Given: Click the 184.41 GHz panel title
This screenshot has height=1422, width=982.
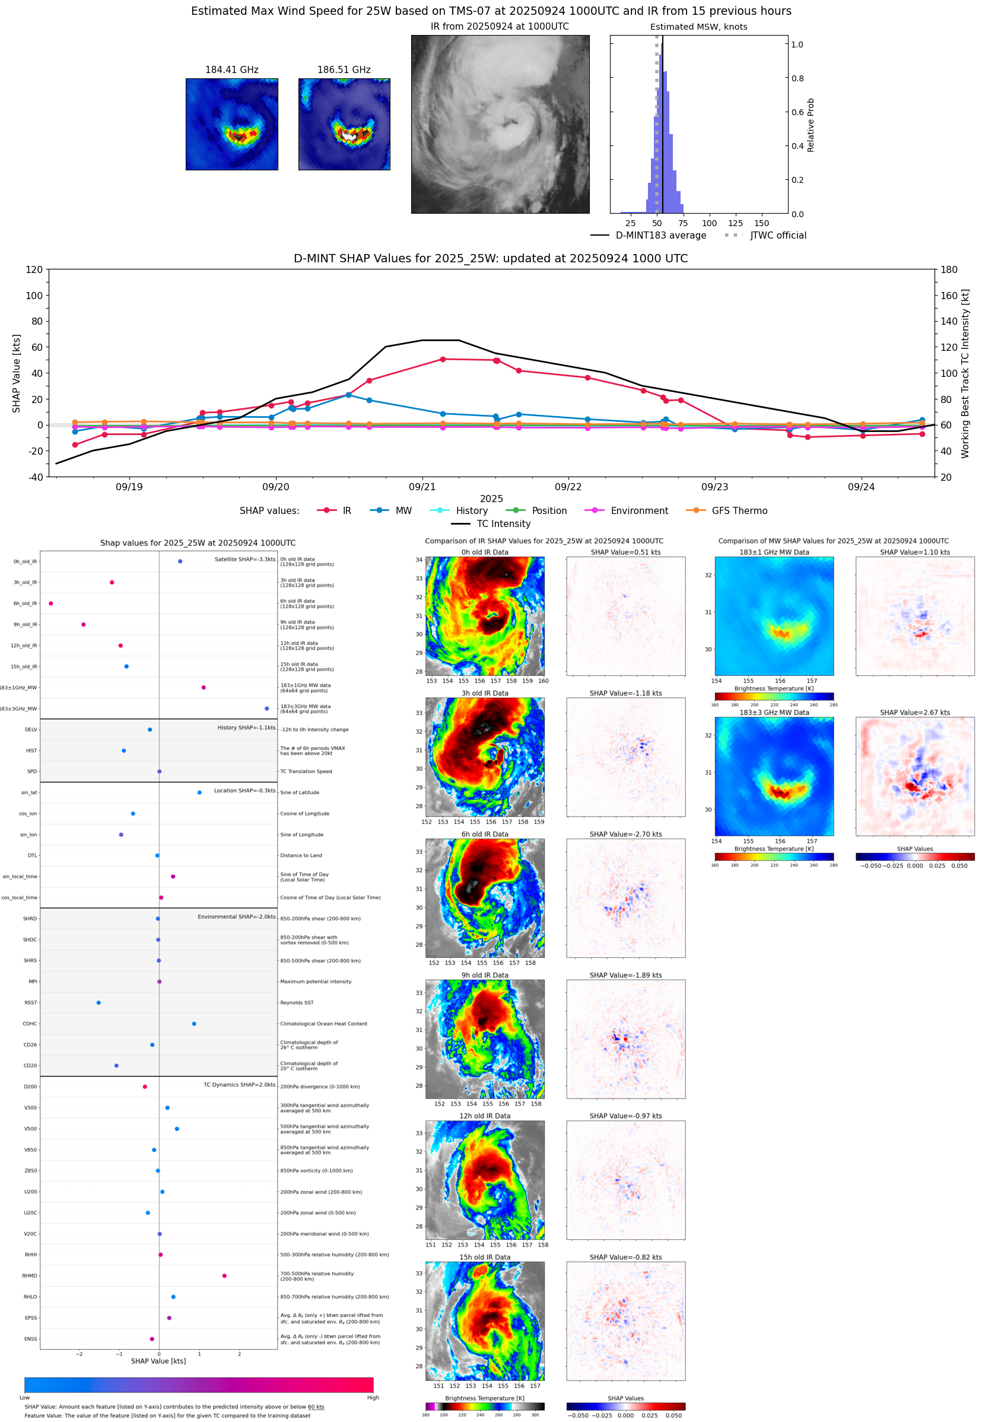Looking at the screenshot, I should point(231,70).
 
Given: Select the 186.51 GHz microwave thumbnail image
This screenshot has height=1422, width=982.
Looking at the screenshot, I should point(344,124).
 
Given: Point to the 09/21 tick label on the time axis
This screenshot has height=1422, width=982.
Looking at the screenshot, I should point(422,487).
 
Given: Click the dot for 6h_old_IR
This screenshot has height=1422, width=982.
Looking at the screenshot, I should point(51,604).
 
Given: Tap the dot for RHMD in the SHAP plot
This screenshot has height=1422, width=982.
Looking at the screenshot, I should point(224,1275).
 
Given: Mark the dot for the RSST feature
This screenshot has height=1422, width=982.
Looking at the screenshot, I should point(98,1002).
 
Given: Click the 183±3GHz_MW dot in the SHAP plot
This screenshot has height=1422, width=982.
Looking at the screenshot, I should point(266,708).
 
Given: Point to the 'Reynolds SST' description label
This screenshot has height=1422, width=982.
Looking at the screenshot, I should point(297,1002).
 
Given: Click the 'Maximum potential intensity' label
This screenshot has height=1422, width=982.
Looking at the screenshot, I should point(316,982).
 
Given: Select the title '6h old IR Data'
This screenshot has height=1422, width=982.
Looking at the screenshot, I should point(485,834).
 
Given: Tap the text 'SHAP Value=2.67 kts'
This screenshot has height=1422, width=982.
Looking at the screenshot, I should point(914,713).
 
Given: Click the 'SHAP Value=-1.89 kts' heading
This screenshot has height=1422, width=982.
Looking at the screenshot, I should point(625,975).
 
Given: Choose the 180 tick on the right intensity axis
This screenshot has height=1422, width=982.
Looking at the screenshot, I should point(949,269).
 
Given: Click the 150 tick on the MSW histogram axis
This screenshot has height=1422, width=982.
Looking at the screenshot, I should point(761,223).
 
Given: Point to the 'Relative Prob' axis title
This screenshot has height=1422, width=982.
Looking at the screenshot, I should point(811,125).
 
